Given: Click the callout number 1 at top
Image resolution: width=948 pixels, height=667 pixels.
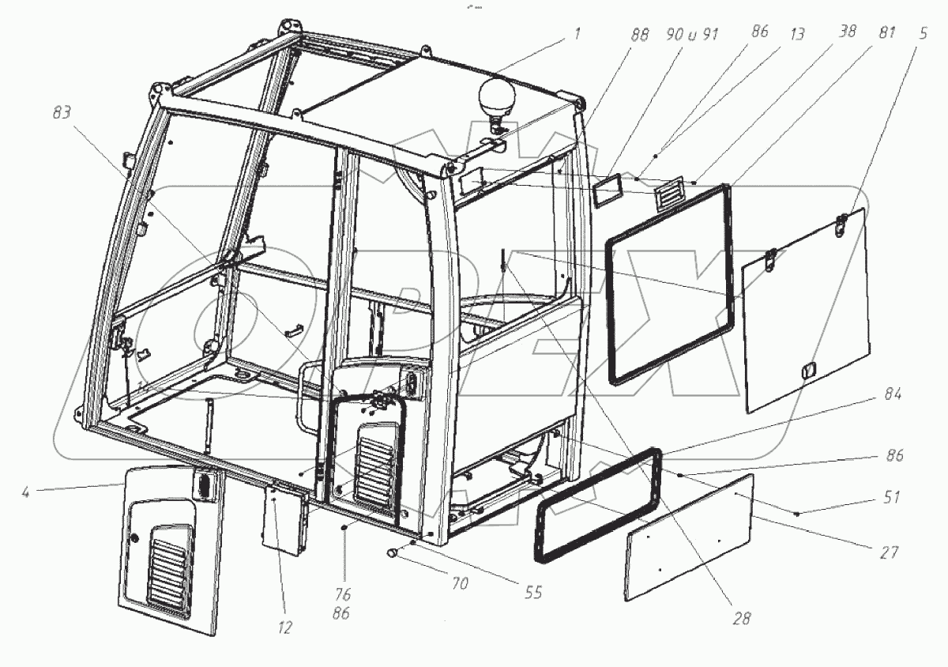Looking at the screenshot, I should pyautogui.click(x=577, y=34).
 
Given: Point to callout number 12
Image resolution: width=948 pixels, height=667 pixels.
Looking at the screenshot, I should pyautogui.click(x=284, y=627).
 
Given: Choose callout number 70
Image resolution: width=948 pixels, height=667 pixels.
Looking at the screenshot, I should pyautogui.click(x=460, y=585).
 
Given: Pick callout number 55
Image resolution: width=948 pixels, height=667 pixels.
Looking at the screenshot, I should pyautogui.click(x=534, y=592).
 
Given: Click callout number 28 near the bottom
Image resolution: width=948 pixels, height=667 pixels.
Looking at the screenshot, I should pyautogui.click(x=742, y=618).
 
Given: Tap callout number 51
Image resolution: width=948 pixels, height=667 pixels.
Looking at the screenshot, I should pyautogui.click(x=891, y=498).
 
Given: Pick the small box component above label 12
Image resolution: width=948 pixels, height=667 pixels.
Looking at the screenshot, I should pyautogui.click(x=284, y=514).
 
